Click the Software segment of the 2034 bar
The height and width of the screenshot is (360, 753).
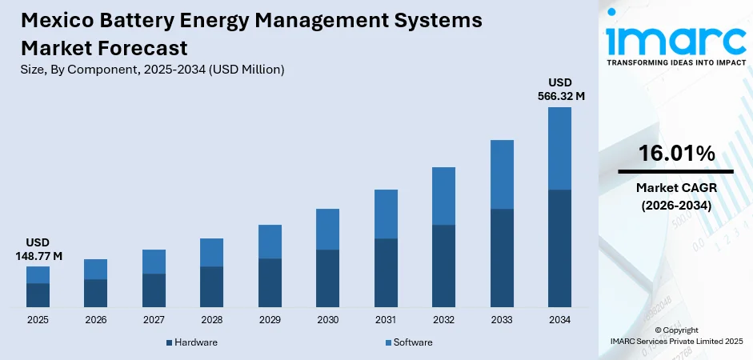tap(559, 148)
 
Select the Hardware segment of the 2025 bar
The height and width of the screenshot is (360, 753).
tap(38, 295)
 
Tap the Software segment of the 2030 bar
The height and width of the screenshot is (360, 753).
tap(327, 229)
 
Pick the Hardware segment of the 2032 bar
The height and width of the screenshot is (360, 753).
tap(443, 266)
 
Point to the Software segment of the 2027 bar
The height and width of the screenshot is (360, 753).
tap(154, 262)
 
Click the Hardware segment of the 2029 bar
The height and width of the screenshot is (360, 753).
tap(270, 282)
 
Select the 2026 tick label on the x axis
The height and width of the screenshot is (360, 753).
tap(95, 319)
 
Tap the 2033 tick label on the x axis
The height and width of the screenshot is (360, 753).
tap(501, 319)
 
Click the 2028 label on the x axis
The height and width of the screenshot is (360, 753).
tap(211, 319)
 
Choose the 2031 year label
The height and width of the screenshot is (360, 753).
tap(385, 319)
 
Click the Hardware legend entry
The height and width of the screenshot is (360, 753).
tap(191, 342)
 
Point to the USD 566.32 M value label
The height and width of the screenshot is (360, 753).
tap(559, 89)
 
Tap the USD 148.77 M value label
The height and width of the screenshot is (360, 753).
tap(38, 248)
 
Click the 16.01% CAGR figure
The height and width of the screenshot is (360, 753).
tap(675, 154)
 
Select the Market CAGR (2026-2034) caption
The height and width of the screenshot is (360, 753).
tap(675, 196)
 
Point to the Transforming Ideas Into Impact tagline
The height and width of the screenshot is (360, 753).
tap(675, 62)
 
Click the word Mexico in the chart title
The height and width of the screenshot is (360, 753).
tap(55, 22)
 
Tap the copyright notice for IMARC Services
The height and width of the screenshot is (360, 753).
tap(675, 335)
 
